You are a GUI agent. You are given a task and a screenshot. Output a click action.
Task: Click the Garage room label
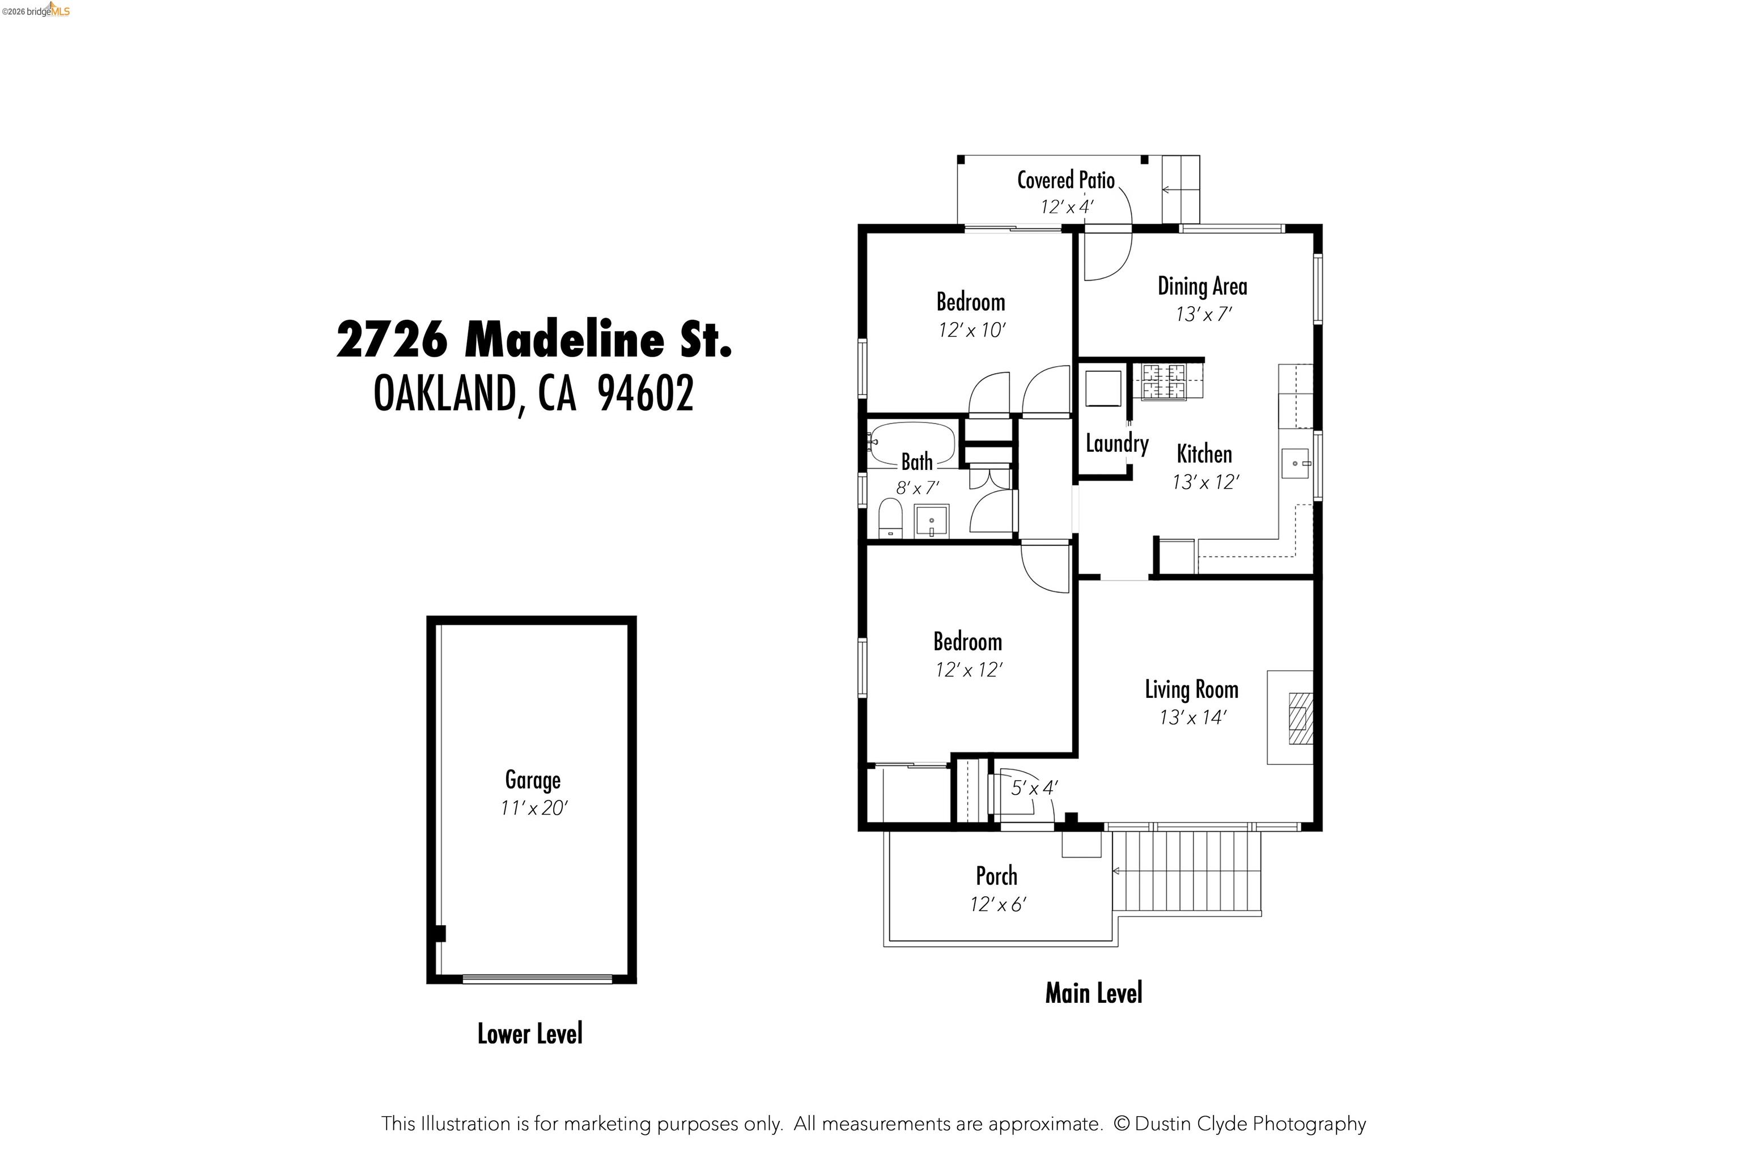tap(532, 781)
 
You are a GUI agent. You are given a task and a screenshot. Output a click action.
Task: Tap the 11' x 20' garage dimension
tap(533, 808)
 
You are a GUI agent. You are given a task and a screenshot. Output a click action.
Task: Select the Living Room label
tap(1191, 689)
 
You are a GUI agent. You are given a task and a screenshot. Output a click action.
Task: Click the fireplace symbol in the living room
tap(1300, 718)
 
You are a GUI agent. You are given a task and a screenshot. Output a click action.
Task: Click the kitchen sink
tap(1296, 464)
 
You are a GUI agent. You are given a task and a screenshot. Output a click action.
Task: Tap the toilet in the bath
tap(890, 518)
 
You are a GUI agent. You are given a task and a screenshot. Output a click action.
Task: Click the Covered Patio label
tap(1065, 180)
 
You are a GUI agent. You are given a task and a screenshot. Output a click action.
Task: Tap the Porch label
tap(996, 876)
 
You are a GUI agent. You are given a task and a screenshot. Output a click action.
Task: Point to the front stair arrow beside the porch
tap(1118, 871)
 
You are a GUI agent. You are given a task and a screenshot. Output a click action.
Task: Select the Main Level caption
tap(1093, 993)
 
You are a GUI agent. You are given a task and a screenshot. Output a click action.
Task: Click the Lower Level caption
tap(530, 1033)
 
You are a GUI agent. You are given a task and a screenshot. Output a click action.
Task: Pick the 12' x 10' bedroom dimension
tap(971, 330)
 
